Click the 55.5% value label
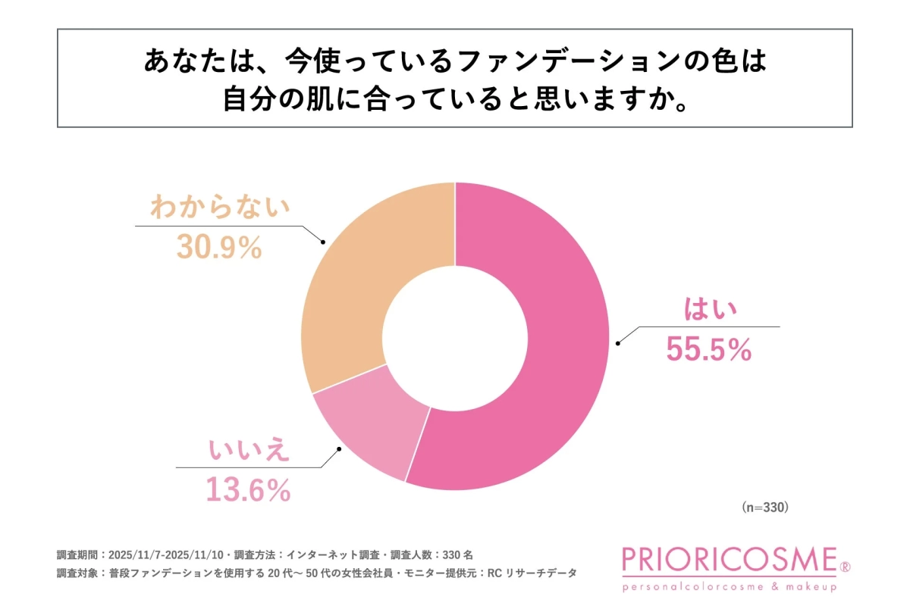708,349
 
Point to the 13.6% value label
248,491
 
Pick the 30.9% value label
219,247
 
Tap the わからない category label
220,207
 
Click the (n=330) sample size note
765,508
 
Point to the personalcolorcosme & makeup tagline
729,587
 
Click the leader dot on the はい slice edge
617,343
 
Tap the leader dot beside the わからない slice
323,243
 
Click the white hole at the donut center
455,336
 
